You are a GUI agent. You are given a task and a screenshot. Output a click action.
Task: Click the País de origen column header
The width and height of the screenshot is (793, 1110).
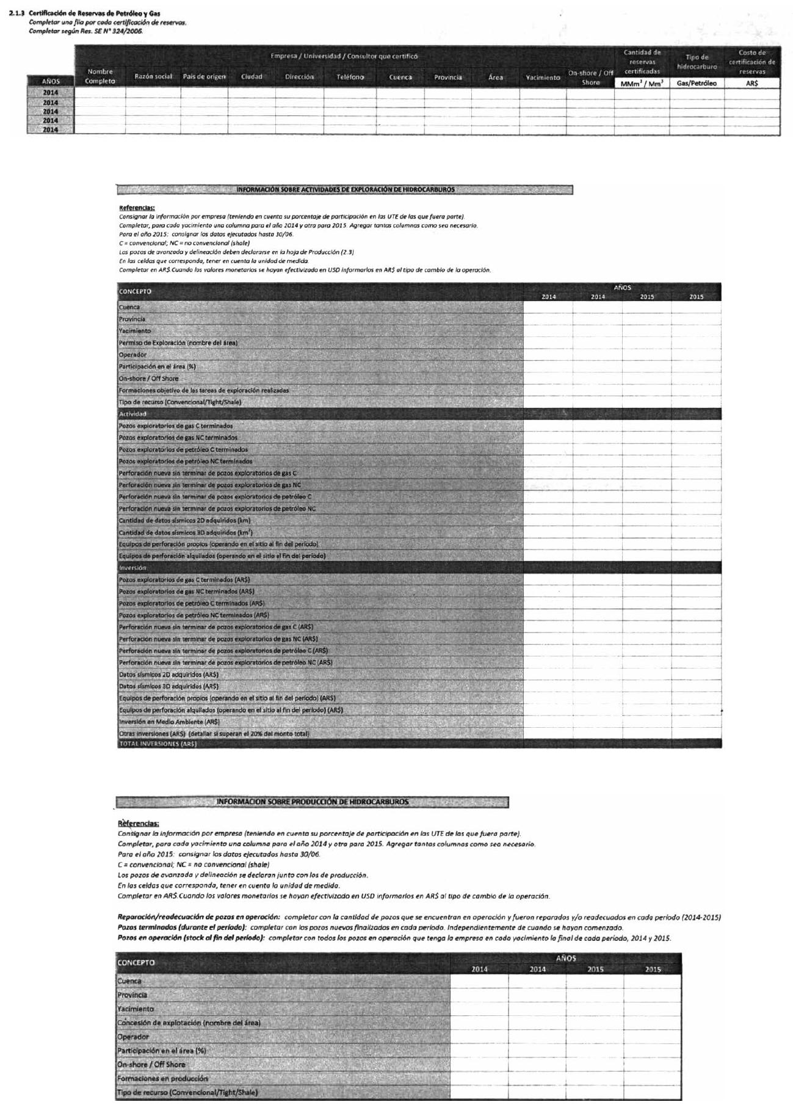(x=204, y=77)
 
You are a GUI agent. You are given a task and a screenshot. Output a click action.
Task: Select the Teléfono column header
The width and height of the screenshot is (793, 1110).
(x=350, y=77)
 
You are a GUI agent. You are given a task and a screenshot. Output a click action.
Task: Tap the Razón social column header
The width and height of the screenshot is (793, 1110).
(x=153, y=77)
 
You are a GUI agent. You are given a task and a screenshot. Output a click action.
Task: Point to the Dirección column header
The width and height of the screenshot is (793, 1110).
(x=299, y=77)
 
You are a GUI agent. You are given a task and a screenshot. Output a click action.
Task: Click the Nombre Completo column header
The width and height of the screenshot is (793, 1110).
(x=100, y=76)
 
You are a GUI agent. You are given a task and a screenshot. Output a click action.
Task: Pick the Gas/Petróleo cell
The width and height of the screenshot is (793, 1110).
(x=697, y=83)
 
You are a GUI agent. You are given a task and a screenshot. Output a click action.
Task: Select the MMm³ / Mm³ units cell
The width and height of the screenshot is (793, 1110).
(x=642, y=84)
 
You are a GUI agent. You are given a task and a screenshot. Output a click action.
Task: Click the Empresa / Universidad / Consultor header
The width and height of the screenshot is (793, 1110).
(x=344, y=56)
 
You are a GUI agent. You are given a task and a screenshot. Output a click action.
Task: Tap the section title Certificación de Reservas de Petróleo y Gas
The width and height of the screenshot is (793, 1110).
(x=95, y=13)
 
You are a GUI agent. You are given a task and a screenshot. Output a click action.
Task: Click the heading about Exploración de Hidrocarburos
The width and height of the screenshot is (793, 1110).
(x=345, y=190)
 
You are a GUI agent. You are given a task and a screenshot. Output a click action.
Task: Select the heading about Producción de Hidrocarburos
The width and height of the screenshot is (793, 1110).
(x=313, y=802)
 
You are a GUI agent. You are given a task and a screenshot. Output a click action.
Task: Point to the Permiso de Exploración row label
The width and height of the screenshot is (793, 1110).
(x=178, y=343)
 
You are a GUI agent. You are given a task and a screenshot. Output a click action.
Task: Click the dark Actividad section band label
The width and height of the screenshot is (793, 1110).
(x=132, y=414)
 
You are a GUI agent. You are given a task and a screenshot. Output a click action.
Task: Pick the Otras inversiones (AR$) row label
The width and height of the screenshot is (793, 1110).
(x=214, y=733)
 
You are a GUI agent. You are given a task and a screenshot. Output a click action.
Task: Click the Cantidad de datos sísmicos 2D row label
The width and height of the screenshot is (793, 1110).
(x=184, y=521)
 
